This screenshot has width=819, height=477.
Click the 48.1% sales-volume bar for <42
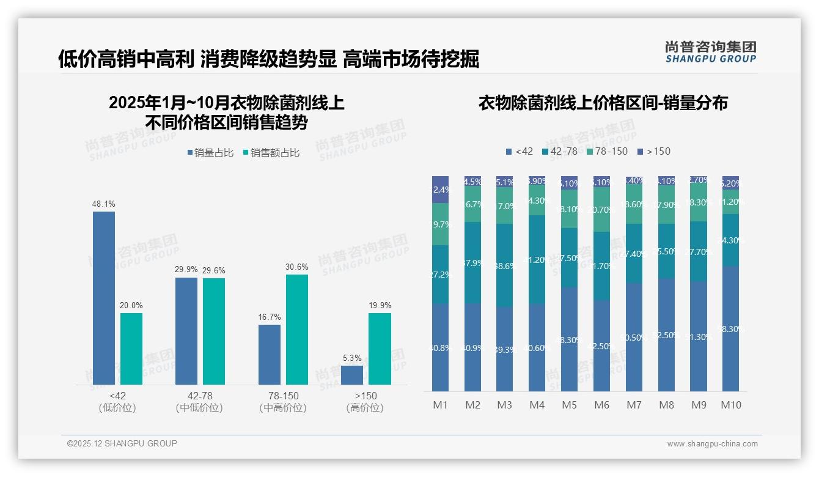(104, 298)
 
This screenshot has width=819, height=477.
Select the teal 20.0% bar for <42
(131, 349)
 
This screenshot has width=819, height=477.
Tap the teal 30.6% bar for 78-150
(297, 329)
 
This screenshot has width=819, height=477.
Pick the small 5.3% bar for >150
(352, 375)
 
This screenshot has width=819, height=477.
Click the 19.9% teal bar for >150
(380, 349)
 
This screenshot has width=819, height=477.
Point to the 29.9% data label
(186, 270)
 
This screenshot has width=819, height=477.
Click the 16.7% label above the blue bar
(270, 317)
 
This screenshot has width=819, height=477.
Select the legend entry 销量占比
(210, 153)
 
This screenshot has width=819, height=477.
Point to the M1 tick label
(441, 405)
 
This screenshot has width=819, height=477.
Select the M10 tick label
(730, 405)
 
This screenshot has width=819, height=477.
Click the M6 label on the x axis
(601, 405)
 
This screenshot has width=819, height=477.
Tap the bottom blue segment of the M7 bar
(634, 337)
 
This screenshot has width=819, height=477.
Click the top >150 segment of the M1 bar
(441, 190)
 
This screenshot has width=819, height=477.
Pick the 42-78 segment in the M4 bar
(537, 259)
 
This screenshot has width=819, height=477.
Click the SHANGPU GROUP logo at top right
(711, 52)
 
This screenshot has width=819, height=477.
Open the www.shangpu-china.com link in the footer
(712, 444)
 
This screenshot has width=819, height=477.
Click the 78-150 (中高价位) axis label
(283, 402)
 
